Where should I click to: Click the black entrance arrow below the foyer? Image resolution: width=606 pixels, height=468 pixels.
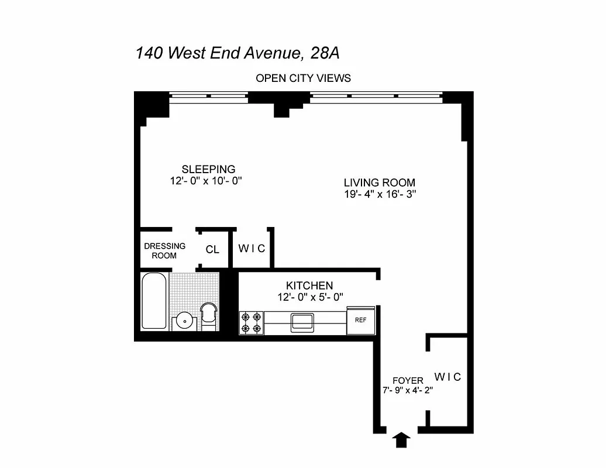[401, 439]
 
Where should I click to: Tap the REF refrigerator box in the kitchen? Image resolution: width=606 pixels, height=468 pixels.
[360, 321]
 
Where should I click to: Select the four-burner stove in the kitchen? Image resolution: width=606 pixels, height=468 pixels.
[251, 323]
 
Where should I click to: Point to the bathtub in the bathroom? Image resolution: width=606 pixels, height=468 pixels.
[154, 301]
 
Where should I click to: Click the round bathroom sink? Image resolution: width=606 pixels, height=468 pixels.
[185, 320]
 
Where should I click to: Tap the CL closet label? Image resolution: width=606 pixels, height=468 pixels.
[212, 249]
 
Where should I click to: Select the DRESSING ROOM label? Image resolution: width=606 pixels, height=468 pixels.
[164, 250]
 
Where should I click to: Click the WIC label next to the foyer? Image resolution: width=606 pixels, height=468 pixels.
[447, 377]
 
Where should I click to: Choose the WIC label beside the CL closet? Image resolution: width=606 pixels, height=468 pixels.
[252, 249]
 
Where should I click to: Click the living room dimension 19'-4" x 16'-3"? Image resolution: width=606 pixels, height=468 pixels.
[379, 194]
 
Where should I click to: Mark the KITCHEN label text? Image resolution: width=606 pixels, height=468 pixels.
[310, 285]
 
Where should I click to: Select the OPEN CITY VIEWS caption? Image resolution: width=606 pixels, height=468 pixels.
[303, 78]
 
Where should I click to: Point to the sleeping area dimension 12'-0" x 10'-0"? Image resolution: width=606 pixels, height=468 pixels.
[202, 181]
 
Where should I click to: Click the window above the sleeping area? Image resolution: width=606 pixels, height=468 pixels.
[209, 95]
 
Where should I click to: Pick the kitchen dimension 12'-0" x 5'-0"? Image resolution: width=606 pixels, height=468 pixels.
[310, 297]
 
